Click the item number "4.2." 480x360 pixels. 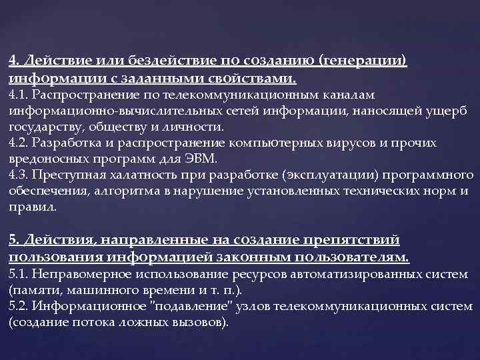(x=20, y=143)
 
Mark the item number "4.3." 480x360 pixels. (x=20, y=176)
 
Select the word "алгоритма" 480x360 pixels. (x=130, y=192)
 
